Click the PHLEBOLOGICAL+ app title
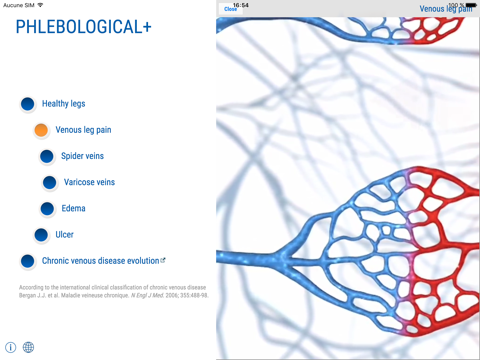[84, 28]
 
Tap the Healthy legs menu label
[63, 103]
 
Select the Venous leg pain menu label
[83, 130]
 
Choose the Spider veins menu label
[82, 156]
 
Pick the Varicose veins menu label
[89, 182]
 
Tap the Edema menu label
[73, 208]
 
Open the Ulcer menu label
[64, 235]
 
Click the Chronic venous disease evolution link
[102, 261]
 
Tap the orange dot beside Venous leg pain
[41, 130]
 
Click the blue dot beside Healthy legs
[27, 103]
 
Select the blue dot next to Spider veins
[47, 156]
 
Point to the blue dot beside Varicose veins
[50, 182]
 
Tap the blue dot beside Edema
[47, 208]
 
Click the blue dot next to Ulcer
[41, 235]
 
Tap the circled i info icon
[11, 347]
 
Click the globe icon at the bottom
[28, 347]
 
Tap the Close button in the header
[231, 10]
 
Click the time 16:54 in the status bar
[241, 5]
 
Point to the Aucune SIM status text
[19, 5]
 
